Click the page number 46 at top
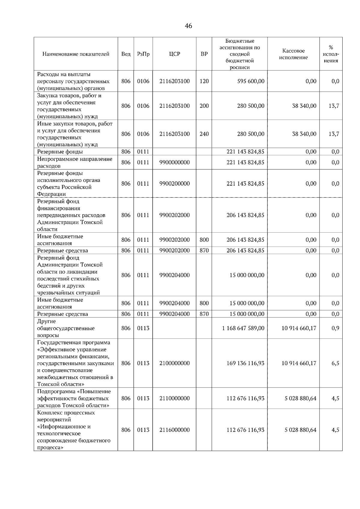[x=188, y=26]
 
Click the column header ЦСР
[x=174, y=54]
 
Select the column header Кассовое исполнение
[x=293, y=54]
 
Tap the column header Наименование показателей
[x=76, y=54]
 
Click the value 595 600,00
[x=251, y=81]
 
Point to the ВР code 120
[x=204, y=81]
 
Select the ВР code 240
[x=204, y=134]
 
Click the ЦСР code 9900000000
[x=174, y=162]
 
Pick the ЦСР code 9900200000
[x=174, y=184]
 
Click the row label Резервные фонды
[x=60, y=152]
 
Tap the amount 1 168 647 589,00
[x=243, y=328]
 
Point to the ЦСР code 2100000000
[x=174, y=363]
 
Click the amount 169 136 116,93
[x=245, y=363]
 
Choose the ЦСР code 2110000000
[x=174, y=398]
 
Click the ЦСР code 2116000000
[x=174, y=430]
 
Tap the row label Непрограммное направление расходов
[x=75, y=162]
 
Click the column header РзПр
[x=143, y=54]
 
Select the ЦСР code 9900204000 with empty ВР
[x=174, y=275]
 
